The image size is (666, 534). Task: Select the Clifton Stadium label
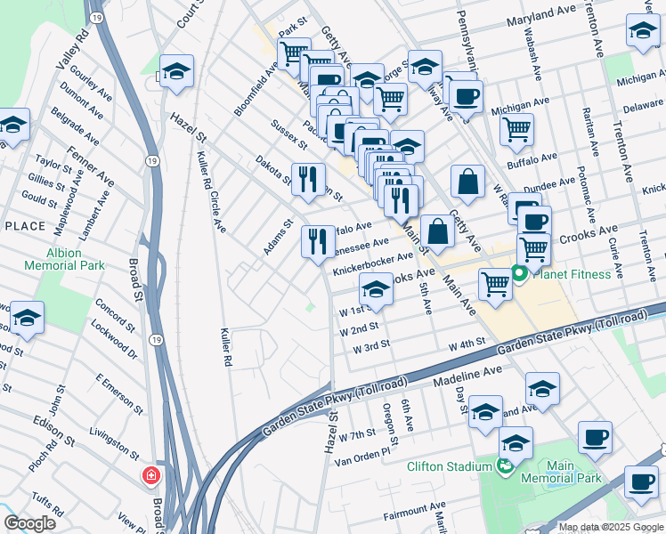click(x=450, y=466)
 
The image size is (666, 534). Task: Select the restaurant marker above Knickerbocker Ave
click(x=318, y=241)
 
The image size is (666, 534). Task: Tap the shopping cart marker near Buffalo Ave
click(x=516, y=130)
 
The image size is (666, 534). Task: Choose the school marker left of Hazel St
click(x=176, y=73)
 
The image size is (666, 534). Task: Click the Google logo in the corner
click(x=30, y=523)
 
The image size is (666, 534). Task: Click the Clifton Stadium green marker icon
click(x=505, y=465)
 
